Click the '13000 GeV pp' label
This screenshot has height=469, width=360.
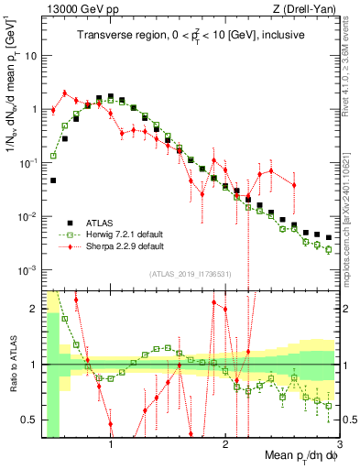74,8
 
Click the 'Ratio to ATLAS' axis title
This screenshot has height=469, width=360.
11,365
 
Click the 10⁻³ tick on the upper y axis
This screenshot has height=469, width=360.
27,270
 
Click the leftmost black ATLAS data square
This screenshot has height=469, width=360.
53,180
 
